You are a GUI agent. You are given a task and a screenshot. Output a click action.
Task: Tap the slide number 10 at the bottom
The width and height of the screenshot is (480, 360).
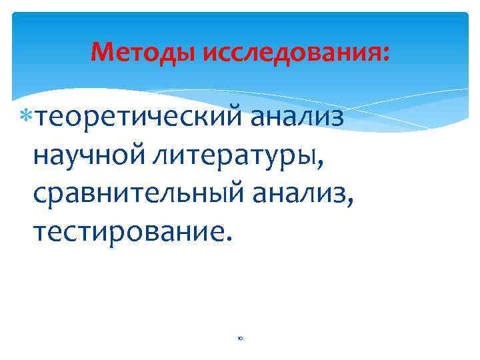[239, 339]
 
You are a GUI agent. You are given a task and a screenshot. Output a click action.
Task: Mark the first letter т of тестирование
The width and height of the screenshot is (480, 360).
[38, 233]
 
